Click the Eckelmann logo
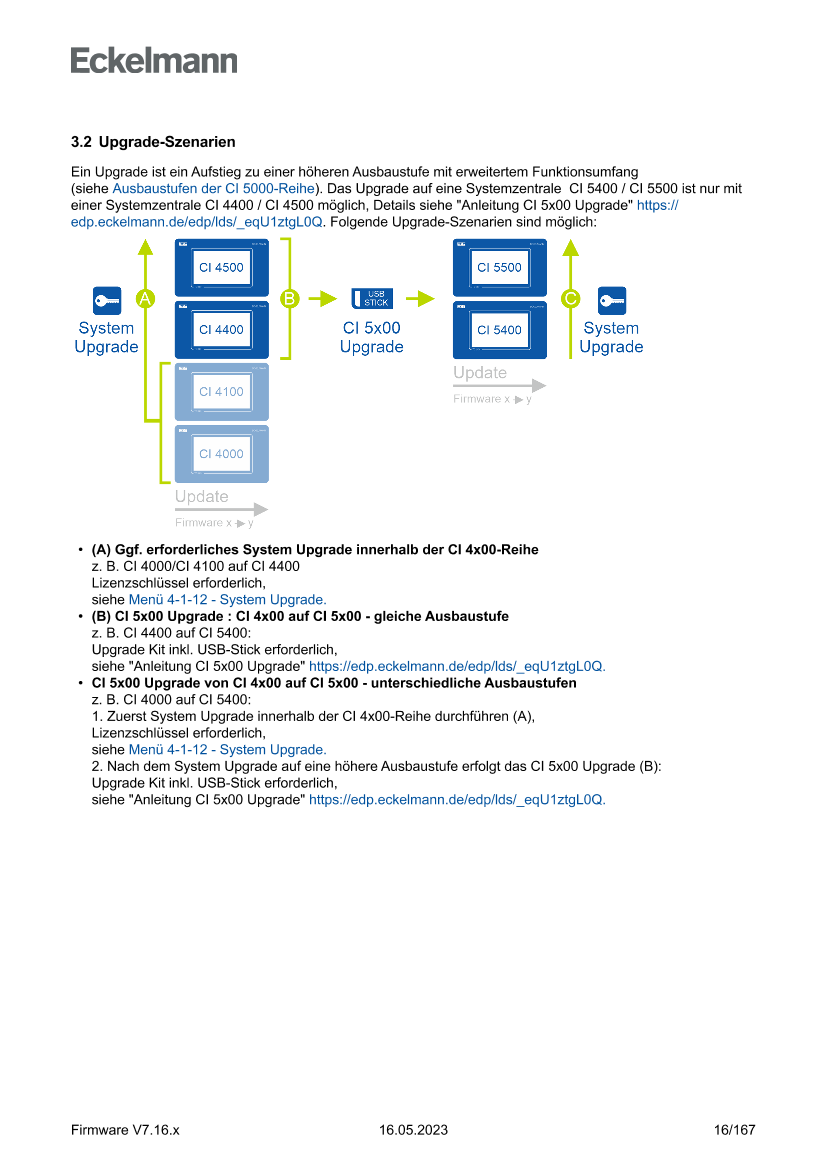[x=154, y=60]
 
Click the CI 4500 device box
[x=222, y=268]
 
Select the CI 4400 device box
[x=222, y=329]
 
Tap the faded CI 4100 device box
[x=222, y=392]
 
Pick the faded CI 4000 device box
[x=222, y=454]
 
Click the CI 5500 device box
[x=499, y=268]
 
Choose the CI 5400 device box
[x=499, y=329]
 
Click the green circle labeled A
[x=145, y=298]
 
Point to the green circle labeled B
[x=289, y=298]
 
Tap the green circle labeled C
[x=571, y=298]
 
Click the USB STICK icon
[x=372, y=298]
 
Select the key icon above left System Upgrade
[x=107, y=298]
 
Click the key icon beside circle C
[x=611, y=298]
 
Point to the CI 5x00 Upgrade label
[x=372, y=337]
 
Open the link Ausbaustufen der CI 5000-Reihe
[x=214, y=188]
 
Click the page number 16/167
[x=734, y=1130]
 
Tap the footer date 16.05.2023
[x=413, y=1130]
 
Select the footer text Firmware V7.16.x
[x=125, y=1130]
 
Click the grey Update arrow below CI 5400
[x=499, y=385]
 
